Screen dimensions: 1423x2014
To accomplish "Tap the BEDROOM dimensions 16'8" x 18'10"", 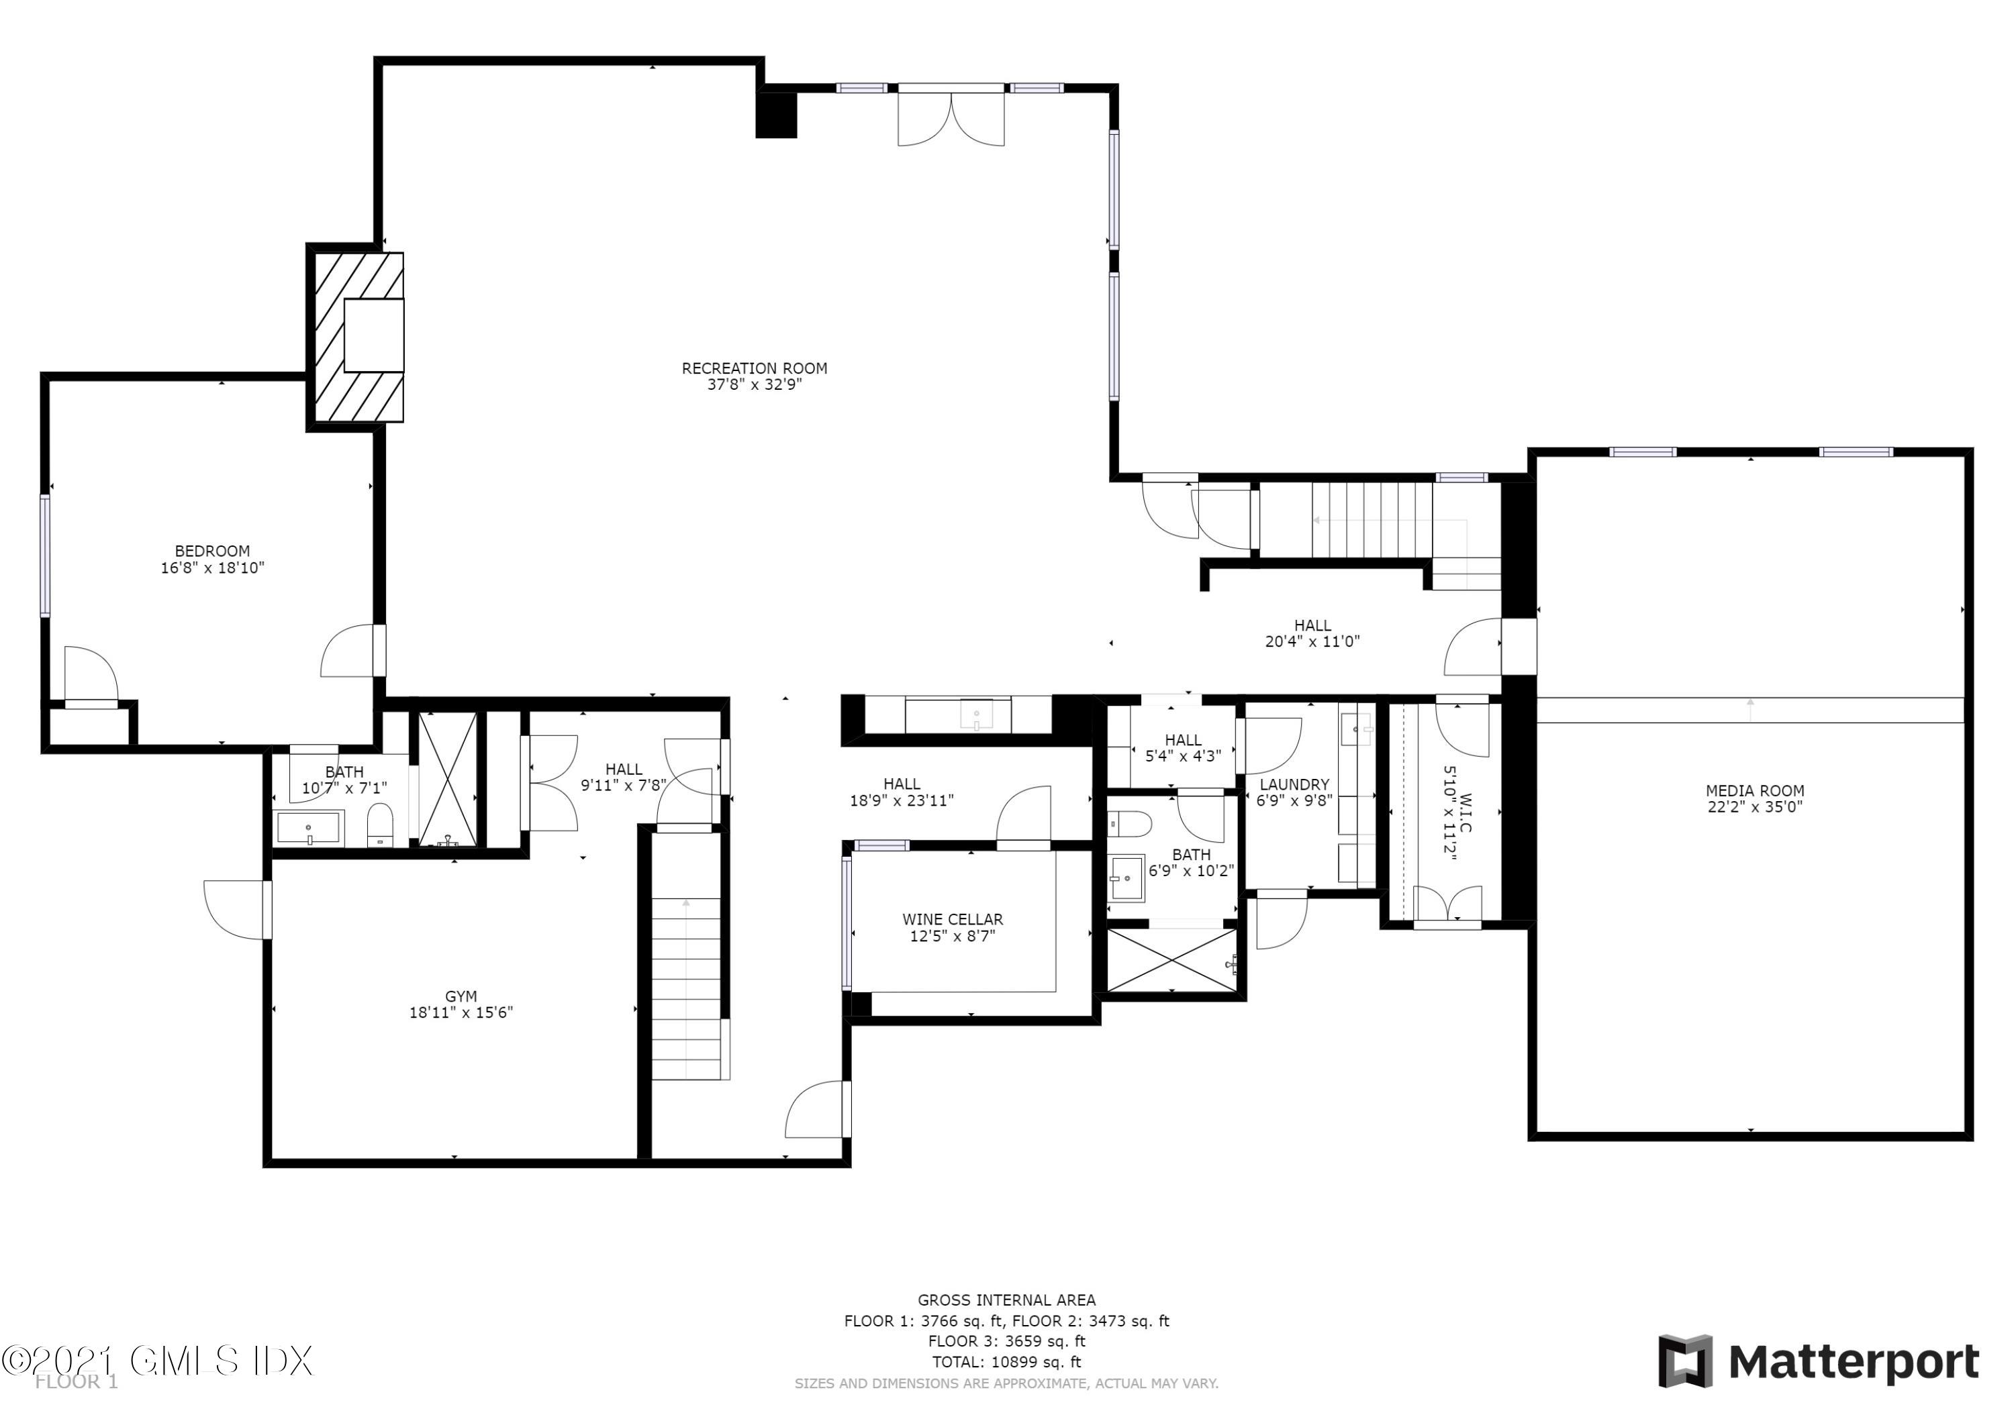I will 212,568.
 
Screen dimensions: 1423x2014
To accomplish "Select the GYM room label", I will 461,996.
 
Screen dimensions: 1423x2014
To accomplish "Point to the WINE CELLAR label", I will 952,919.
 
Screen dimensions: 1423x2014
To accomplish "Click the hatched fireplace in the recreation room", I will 355,337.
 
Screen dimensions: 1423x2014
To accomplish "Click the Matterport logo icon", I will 1684,1362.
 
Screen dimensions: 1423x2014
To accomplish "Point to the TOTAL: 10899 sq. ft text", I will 1006,1362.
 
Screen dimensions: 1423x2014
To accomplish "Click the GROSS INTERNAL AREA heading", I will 1006,1300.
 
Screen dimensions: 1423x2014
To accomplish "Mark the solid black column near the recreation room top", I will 776,115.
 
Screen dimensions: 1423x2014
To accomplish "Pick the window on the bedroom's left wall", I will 45,556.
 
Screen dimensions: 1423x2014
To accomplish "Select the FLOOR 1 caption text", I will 77,1382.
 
